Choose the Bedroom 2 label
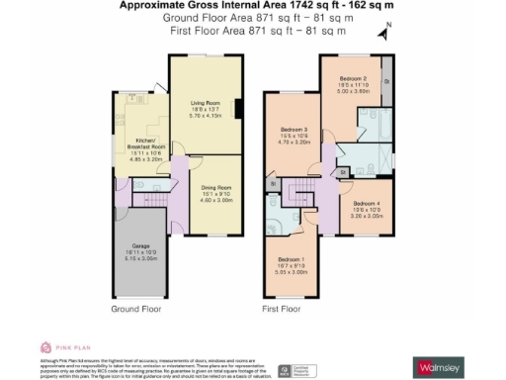coord(353,77)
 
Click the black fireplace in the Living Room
coord(235,106)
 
